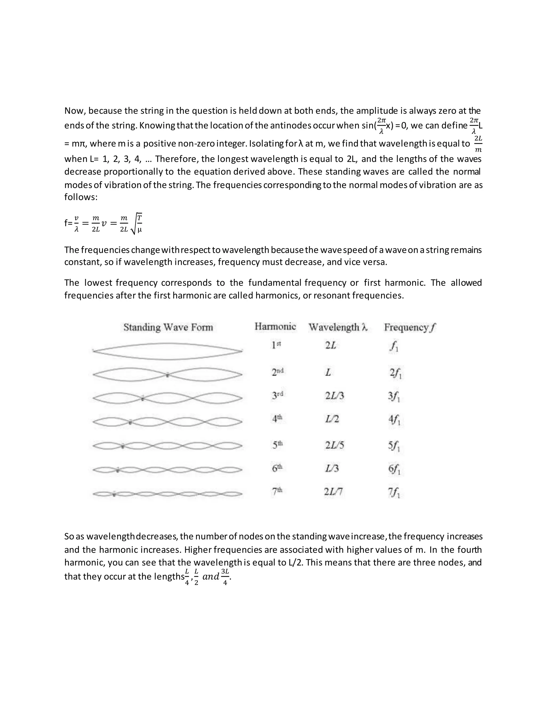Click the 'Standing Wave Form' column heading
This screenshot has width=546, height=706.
[x=168, y=327]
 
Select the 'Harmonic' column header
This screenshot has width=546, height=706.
[x=275, y=327]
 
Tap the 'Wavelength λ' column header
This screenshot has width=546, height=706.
[x=338, y=327]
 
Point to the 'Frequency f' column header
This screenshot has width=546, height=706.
[x=410, y=327]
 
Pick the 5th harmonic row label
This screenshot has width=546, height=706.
[x=277, y=445]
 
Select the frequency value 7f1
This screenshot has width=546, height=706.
[x=394, y=493]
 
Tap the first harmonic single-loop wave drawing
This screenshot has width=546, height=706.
[x=167, y=351]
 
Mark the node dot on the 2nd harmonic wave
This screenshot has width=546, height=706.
[x=167, y=375]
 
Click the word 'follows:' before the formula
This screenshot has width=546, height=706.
[x=81, y=197]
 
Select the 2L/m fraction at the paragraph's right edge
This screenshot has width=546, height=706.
[x=478, y=144]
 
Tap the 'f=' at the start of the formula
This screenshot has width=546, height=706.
[x=68, y=223]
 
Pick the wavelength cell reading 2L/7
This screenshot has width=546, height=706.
[x=334, y=492]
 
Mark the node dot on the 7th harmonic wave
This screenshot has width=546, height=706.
[x=114, y=494]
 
